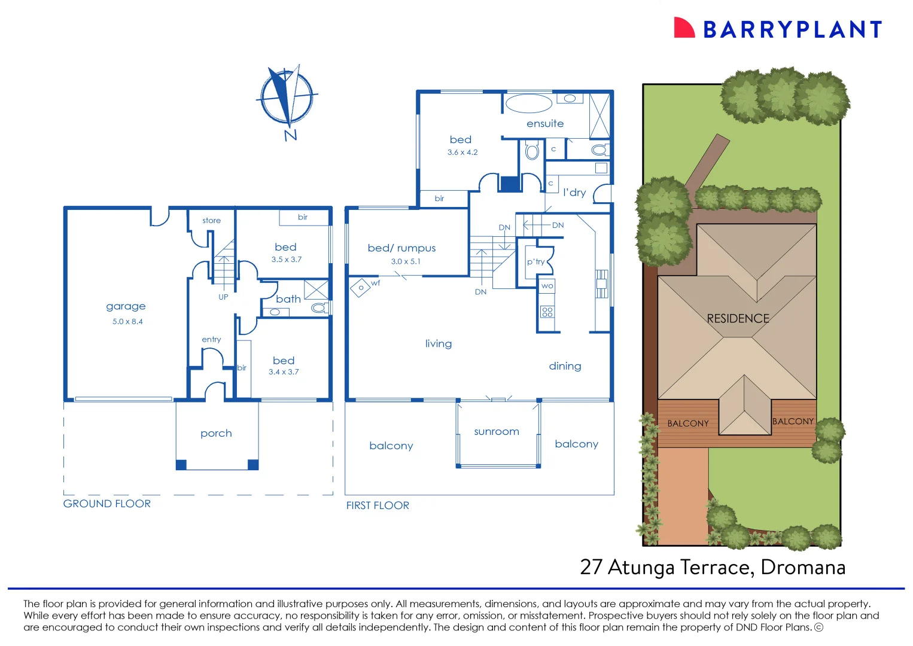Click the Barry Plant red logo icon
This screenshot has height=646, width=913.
(x=683, y=28)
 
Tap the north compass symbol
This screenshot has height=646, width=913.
(x=286, y=97)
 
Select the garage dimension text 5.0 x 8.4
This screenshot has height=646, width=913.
(x=127, y=322)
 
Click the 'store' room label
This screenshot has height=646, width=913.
(x=211, y=221)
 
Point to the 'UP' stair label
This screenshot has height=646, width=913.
(x=223, y=297)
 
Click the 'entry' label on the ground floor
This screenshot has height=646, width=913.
(x=211, y=340)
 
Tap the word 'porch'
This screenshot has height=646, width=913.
(x=216, y=434)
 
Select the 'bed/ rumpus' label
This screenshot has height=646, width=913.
(x=401, y=248)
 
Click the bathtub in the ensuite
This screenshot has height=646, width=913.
(x=528, y=103)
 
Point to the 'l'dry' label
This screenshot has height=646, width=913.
(x=574, y=193)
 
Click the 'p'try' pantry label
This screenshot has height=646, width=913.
(x=535, y=262)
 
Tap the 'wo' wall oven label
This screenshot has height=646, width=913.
(x=547, y=287)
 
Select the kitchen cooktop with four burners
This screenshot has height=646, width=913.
(x=547, y=312)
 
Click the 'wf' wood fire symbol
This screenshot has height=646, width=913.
(x=361, y=288)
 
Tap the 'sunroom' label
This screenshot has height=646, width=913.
(x=496, y=432)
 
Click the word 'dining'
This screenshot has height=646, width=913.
(x=565, y=366)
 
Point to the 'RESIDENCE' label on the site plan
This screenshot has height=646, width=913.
(x=738, y=319)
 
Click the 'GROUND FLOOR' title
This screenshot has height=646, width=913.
(x=107, y=504)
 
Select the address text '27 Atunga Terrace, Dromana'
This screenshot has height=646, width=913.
(x=713, y=567)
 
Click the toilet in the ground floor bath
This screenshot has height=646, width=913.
(x=319, y=308)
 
